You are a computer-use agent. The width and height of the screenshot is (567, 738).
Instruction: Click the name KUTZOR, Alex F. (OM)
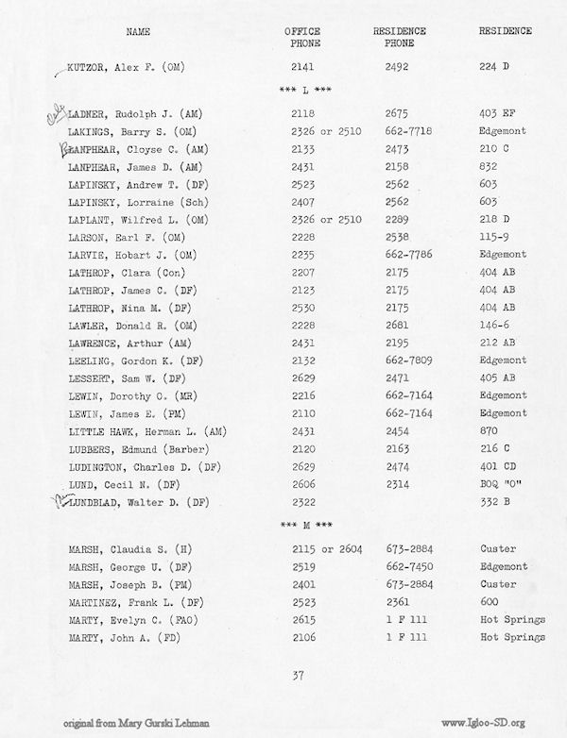[129, 68]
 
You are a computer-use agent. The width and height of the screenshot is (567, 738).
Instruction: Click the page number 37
[300, 674]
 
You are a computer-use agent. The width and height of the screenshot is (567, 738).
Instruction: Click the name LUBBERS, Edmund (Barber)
[130, 448]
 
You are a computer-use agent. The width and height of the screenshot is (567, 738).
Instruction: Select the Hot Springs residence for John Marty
[512, 637]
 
